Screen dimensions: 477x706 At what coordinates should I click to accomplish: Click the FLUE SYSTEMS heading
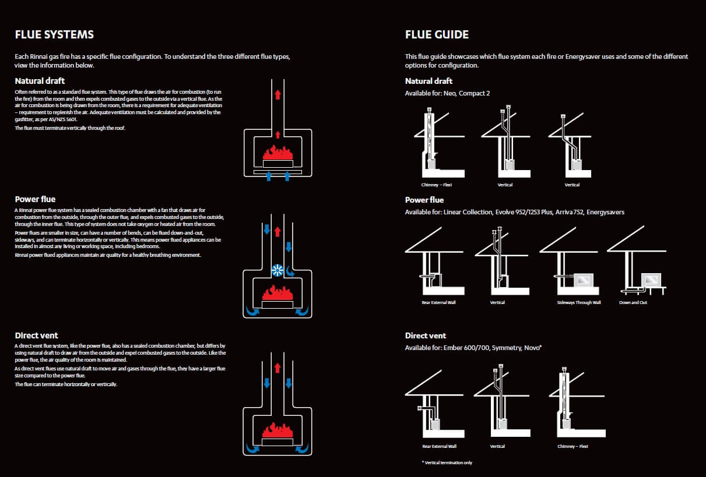[x=54, y=34]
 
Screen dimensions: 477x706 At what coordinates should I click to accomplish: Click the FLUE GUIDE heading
[x=437, y=34]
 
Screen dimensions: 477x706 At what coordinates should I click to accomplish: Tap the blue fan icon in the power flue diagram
[x=278, y=270]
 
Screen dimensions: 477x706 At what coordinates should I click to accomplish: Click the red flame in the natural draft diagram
[x=278, y=153]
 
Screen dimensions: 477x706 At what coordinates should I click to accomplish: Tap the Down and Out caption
[x=633, y=303]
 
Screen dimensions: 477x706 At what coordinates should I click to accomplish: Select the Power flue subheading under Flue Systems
[x=35, y=199]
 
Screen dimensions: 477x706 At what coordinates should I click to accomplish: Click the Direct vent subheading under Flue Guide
[x=426, y=335]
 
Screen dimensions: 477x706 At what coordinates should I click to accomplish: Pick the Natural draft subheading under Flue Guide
[x=428, y=81]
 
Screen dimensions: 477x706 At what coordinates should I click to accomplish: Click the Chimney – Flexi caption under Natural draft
[x=437, y=185]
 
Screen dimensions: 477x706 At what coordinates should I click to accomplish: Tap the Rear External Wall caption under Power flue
[x=438, y=303]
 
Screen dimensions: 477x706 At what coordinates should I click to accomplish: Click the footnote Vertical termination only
[x=447, y=462]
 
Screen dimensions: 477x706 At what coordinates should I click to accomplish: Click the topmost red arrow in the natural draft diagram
[x=278, y=94]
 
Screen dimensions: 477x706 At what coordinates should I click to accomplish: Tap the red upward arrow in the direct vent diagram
[x=278, y=368]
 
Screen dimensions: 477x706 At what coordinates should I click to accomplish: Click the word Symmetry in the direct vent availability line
[x=505, y=348]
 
